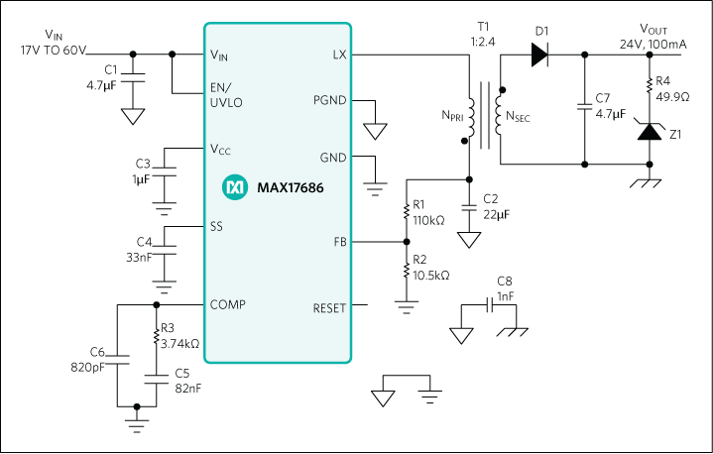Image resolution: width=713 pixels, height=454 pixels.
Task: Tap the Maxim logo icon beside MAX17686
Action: pos(235,186)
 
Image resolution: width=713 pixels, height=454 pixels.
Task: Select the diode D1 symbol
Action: pos(541,56)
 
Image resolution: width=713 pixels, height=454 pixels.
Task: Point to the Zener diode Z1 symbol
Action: pos(651,132)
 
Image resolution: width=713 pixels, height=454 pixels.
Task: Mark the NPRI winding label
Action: pos(451,116)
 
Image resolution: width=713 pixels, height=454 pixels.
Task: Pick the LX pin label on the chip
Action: pos(338,56)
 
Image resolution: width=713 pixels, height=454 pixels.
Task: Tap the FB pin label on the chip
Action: pos(338,242)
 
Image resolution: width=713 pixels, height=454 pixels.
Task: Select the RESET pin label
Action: pos(329,307)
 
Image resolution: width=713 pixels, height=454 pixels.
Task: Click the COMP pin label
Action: pos(227,304)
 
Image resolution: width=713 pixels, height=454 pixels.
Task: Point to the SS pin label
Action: pos(216,227)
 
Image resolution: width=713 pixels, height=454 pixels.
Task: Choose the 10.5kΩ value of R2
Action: pos(431,275)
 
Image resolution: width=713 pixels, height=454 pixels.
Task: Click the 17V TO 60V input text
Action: pos(53,49)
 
